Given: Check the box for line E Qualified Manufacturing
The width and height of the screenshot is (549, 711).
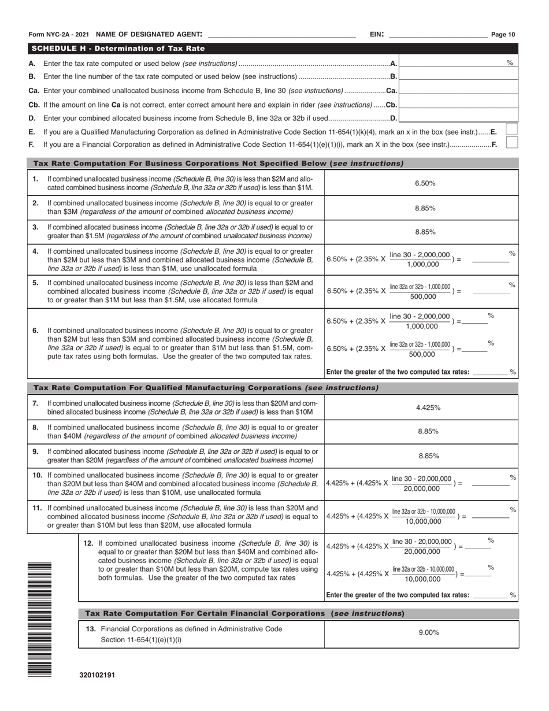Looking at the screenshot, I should click(x=511, y=129).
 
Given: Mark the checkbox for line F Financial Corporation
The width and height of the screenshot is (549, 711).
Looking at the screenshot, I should click(x=511, y=143).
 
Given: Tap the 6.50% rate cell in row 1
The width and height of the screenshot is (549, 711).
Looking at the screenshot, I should click(x=425, y=183).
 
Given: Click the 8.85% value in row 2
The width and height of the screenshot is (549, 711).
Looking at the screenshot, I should click(x=425, y=208).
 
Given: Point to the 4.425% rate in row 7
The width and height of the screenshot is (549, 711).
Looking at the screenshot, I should click(x=428, y=408).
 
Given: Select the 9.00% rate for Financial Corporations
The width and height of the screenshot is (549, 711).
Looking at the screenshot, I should click(x=428, y=633).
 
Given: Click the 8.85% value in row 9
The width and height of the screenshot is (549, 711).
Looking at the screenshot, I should click(x=428, y=456).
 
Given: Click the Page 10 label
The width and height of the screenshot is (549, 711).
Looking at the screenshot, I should click(x=503, y=35).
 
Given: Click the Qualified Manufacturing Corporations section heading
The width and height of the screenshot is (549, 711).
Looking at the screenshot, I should click(x=206, y=388).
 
